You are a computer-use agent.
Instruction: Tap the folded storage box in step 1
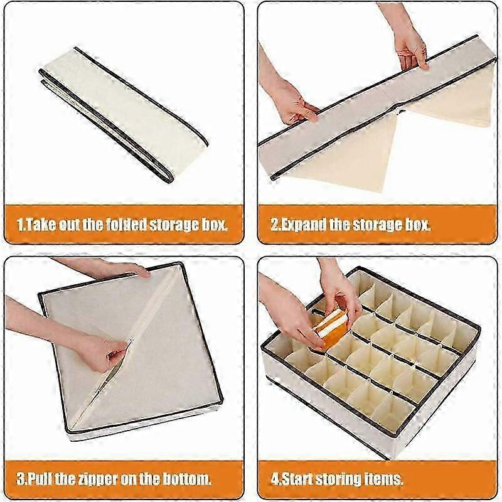(123, 115)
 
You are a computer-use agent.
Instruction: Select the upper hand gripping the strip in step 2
(410, 48)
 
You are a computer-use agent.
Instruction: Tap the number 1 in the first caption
(20, 225)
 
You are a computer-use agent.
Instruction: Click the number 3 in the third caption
(20, 479)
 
